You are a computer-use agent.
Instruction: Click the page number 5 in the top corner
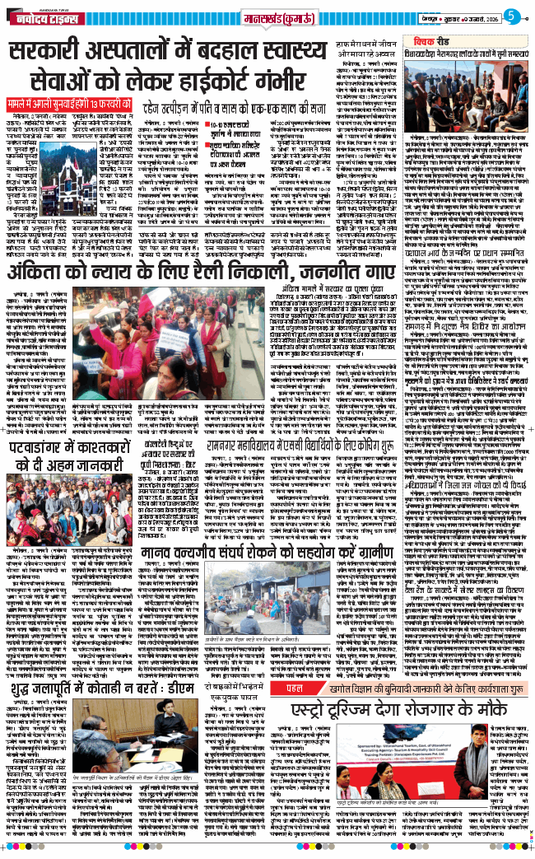[x=511, y=14]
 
